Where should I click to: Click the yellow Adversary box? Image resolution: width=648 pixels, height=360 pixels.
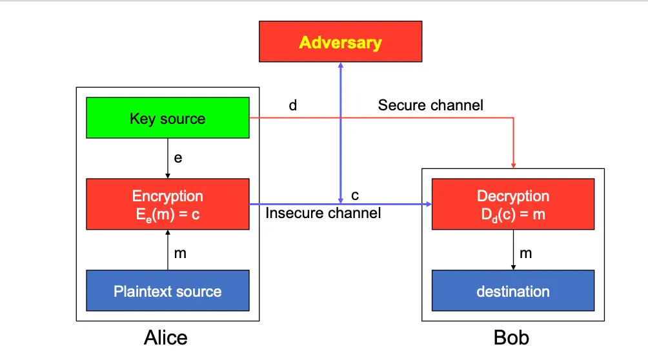340,42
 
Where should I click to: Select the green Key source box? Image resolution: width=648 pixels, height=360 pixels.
168,118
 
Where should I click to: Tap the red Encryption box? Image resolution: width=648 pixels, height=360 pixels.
168,204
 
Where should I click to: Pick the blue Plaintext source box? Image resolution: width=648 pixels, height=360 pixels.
168,291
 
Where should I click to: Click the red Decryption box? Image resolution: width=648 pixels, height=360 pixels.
513,204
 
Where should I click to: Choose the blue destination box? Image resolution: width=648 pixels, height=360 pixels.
513,291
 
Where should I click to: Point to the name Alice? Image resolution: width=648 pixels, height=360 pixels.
166,337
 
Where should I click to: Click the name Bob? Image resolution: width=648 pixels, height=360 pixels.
511,337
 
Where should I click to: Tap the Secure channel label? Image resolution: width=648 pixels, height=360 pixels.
430,105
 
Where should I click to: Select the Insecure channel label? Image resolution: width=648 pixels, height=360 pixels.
323,212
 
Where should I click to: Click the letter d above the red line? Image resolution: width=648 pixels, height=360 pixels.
293,105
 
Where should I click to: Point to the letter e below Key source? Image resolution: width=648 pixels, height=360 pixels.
178,157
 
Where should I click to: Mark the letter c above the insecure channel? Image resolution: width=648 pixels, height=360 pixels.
355,195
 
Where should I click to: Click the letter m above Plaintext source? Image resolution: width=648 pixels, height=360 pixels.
180,254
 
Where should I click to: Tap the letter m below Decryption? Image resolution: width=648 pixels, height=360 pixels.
526,254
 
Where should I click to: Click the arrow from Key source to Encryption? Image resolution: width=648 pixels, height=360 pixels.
168,159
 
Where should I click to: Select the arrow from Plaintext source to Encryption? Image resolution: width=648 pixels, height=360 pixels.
168,250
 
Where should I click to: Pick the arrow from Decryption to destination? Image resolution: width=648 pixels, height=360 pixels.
513,250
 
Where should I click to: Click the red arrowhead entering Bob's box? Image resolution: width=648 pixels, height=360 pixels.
513,164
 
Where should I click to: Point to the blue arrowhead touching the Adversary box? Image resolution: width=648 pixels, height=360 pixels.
341,66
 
